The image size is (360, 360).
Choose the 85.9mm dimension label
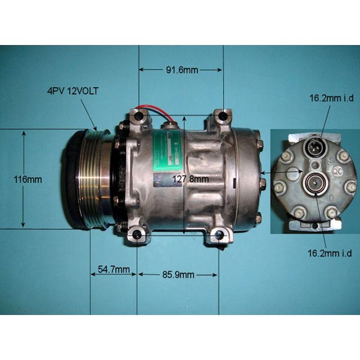tap(178, 275)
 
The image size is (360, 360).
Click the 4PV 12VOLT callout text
tap(73, 91)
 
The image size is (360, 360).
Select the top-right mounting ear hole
tap(223, 114)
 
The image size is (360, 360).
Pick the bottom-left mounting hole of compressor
tap(137, 235)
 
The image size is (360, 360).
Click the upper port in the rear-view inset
tap(314, 146)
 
